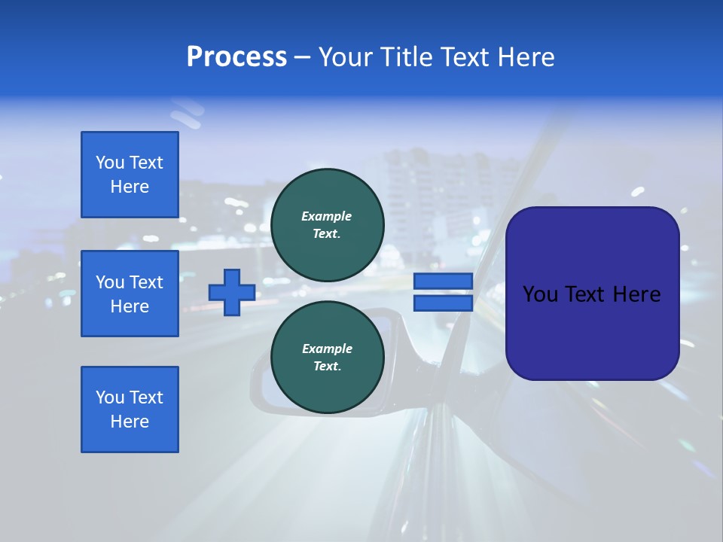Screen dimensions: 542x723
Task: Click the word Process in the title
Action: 236,57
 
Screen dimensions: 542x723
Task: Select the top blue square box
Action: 130,175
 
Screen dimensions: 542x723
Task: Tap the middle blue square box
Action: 130,294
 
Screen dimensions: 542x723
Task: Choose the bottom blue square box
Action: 130,410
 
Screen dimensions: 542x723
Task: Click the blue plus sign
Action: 232,292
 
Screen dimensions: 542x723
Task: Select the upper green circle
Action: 327,224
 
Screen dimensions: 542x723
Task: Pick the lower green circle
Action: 327,358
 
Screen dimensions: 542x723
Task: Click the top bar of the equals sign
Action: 443,281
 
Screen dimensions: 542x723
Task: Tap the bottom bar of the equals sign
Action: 443,303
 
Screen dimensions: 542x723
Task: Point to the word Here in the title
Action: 526,57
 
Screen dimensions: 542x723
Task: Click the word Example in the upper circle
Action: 327,216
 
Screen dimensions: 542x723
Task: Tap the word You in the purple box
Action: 540,294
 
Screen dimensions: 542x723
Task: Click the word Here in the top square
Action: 130,187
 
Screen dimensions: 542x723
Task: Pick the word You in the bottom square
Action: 109,397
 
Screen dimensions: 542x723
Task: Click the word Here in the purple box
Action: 637,294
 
